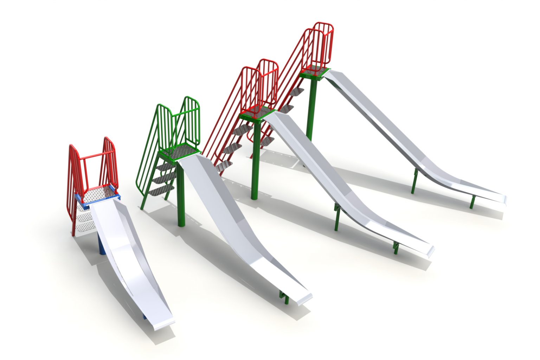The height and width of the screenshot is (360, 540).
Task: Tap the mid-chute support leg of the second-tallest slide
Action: tap(337, 218)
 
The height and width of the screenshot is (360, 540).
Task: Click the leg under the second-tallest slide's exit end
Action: tap(396, 247)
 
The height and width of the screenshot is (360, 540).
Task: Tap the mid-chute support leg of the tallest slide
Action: tap(415, 181)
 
